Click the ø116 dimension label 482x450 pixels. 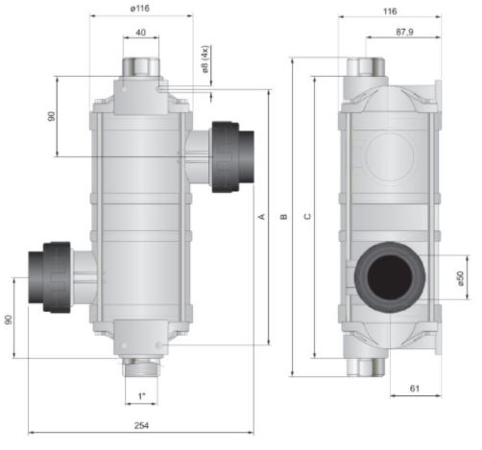[140, 9]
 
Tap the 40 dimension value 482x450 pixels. [141, 33]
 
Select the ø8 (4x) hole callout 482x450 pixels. [205, 59]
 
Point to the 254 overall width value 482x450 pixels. [141, 425]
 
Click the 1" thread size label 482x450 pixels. [141, 396]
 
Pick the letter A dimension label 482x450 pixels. [262, 217]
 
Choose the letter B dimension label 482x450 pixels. [284, 217]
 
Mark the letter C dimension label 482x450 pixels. [307, 217]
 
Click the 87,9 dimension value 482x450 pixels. [404, 32]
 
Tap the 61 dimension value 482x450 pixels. [415, 389]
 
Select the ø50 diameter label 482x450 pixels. [460, 278]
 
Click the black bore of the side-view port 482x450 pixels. [390, 277]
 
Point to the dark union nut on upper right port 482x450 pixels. [225, 156]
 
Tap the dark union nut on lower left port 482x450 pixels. [57, 277]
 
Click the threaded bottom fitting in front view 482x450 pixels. [141, 367]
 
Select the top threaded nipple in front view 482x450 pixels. [141, 67]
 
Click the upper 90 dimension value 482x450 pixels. [51, 116]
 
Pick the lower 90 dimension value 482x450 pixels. [9, 320]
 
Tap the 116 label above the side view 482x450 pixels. [390, 12]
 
